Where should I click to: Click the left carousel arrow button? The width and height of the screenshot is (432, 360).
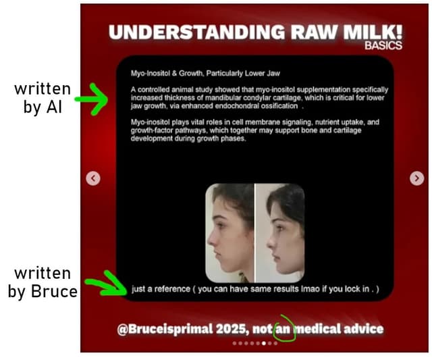coord(93,178)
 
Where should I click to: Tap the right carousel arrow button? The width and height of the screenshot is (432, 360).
coord(416,178)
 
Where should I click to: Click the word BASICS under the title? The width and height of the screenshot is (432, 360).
coord(383,45)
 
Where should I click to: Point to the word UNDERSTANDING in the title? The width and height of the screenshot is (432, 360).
coord(197,32)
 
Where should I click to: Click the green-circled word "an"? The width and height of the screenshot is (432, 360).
coord(283,329)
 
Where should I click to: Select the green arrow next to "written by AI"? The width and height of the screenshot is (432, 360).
coord(92,99)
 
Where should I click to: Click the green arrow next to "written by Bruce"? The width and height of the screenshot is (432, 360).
coord(106,284)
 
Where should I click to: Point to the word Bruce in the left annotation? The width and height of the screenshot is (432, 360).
coord(54,291)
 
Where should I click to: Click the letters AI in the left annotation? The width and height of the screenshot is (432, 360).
coord(54,107)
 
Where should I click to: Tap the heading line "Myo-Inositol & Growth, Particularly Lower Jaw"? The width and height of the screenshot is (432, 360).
coord(205,74)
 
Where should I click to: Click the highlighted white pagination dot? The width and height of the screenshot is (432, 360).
coord(264,343)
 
